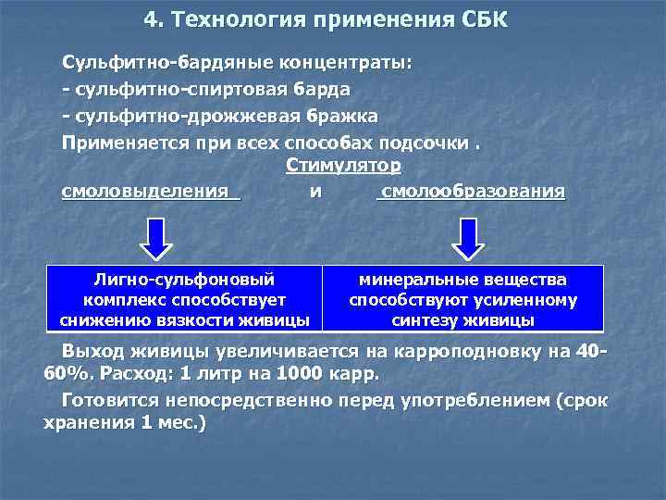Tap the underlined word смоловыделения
click(x=145, y=192)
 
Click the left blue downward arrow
click(x=158, y=239)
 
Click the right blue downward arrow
click(x=469, y=239)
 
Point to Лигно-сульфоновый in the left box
click(x=184, y=279)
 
